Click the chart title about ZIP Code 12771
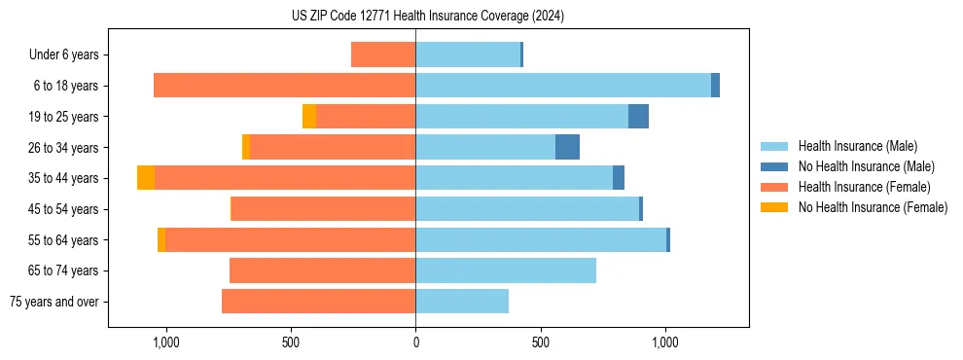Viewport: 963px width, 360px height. (x=428, y=16)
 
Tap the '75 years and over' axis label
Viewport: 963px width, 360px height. (x=53, y=302)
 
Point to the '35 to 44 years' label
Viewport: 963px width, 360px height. (x=64, y=178)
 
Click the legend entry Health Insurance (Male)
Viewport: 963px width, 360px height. (x=857, y=146)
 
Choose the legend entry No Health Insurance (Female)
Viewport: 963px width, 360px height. (x=873, y=207)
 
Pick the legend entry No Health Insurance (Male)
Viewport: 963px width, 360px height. (x=866, y=166)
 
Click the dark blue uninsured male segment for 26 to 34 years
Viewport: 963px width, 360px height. (x=567, y=147)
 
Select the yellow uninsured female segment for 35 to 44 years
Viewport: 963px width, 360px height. (x=146, y=178)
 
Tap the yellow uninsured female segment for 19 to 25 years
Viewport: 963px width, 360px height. (x=309, y=117)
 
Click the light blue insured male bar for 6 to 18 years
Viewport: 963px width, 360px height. (x=563, y=86)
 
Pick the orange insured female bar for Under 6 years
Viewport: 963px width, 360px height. (x=383, y=54)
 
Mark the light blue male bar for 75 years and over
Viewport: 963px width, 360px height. (x=462, y=302)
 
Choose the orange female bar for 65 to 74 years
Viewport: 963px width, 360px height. (x=322, y=270)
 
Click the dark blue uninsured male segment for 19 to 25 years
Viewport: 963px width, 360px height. (x=638, y=117)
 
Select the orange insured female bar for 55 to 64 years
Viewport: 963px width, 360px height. (x=290, y=239)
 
